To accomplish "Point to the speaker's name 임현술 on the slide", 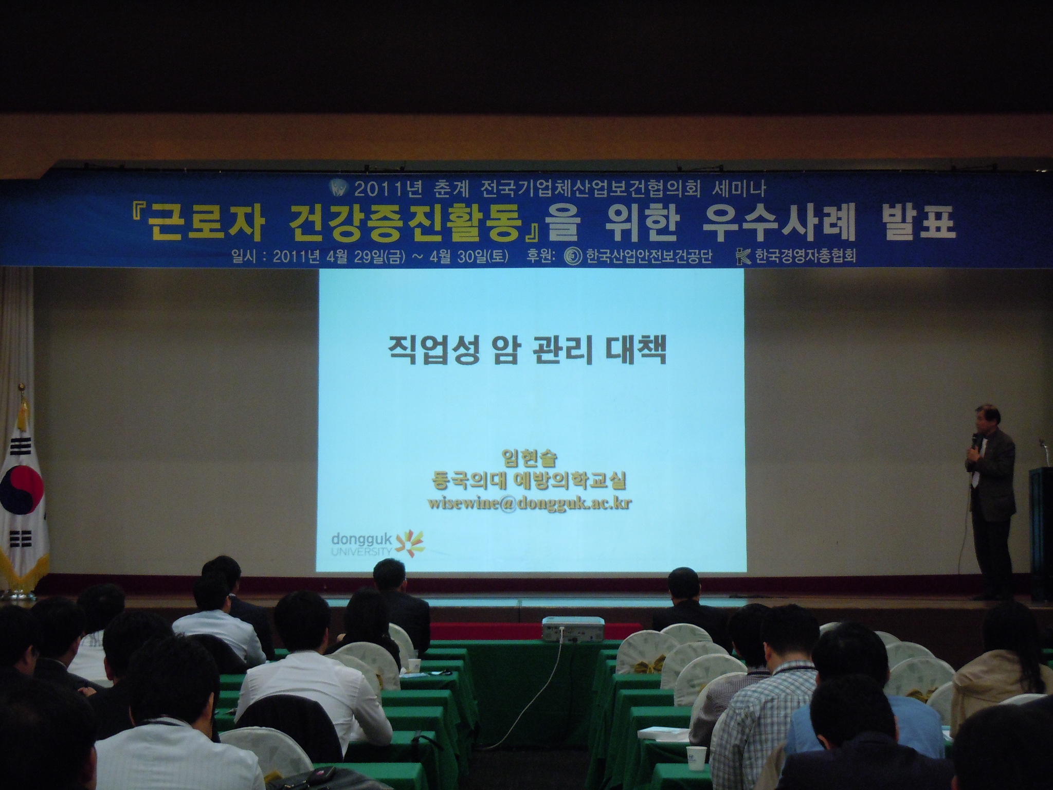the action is (x=530, y=457).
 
